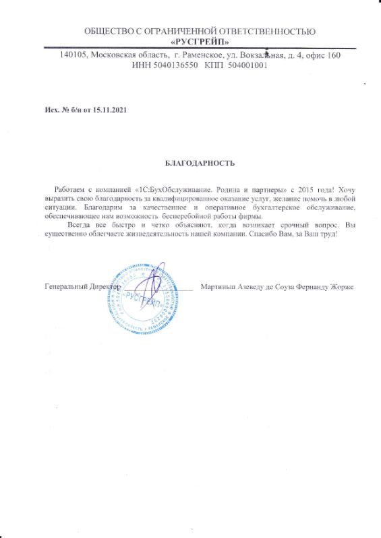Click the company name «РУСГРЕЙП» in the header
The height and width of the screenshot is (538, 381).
point(200,42)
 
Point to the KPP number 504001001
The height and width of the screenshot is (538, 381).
point(246,66)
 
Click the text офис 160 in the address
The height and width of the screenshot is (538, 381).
point(324,55)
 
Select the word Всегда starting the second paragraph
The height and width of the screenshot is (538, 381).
point(69,225)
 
